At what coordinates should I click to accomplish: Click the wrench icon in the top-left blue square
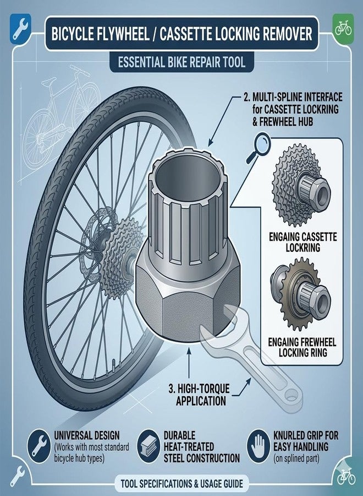coord(20,29)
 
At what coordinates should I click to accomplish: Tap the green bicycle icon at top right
coord(343,28)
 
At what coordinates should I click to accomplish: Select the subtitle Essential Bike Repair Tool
coord(182,62)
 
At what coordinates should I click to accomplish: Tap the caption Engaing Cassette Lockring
coord(302,242)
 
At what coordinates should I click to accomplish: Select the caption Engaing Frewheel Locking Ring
coord(302,347)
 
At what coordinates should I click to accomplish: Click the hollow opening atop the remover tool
coord(188,180)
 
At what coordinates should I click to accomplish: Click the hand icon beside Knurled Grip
coord(258,446)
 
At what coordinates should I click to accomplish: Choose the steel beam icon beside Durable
coord(148,446)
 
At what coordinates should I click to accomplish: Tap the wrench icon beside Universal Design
coord(38,446)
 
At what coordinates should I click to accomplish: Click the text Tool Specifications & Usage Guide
coord(182,484)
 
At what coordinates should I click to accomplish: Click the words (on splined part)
coord(296,459)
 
